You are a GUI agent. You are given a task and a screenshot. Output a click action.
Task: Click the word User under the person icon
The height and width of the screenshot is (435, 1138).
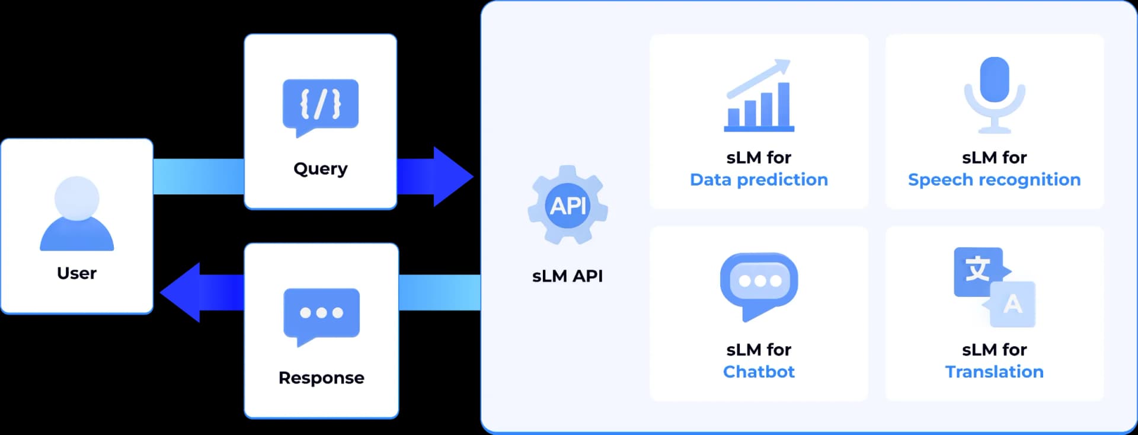(76, 273)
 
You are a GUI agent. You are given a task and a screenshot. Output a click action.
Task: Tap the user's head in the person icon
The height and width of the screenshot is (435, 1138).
(76, 197)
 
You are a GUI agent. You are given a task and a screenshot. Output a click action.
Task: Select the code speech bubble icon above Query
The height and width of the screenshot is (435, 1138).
(320, 105)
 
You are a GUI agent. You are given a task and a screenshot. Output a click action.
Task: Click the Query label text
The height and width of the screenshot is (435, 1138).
(320, 169)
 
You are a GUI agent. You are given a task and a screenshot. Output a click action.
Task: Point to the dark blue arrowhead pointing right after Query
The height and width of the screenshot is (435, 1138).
(452, 177)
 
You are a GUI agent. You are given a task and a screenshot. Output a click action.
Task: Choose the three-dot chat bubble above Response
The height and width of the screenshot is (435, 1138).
(321, 314)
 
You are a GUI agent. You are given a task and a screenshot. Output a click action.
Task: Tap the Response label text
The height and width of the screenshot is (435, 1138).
(321, 378)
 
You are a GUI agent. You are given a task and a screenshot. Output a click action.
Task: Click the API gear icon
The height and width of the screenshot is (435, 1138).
(567, 206)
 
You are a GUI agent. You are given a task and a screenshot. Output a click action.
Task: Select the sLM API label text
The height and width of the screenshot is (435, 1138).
(567, 276)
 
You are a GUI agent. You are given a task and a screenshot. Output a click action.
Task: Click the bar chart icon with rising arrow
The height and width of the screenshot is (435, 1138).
(759, 98)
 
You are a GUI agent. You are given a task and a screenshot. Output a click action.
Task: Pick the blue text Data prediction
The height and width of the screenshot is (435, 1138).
(759, 180)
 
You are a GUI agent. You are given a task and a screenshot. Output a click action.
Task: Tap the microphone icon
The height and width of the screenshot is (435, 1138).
(994, 95)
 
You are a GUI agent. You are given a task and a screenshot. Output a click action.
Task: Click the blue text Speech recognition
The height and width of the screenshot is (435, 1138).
(994, 180)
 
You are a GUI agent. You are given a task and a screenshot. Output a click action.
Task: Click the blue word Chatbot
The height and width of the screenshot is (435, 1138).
(759, 372)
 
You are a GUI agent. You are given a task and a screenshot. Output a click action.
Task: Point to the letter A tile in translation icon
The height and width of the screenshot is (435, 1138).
(1013, 305)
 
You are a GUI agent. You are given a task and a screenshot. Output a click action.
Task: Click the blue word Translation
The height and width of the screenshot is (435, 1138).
(994, 372)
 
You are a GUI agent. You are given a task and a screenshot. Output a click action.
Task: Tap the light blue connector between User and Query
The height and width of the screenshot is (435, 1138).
(199, 177)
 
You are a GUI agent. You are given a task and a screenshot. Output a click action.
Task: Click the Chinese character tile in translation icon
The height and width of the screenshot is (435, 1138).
(977, 271)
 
